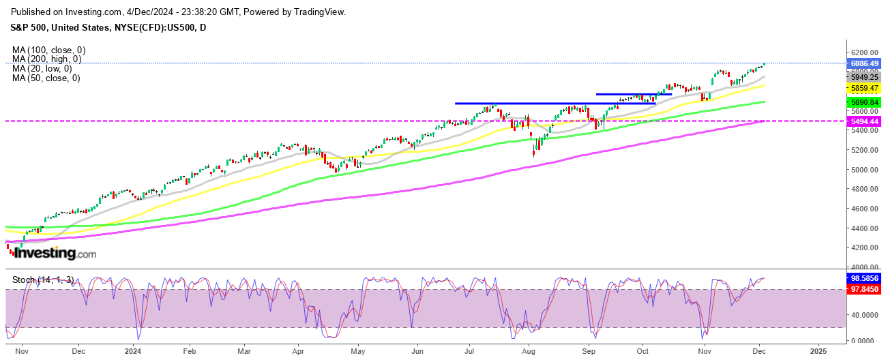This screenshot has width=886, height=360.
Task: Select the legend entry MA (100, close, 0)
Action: (48, 50)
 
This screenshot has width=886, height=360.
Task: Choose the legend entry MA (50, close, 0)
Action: (46, 78)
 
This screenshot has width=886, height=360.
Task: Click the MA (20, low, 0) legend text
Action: (42, 69)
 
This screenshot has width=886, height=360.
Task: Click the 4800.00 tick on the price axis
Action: (862, 189)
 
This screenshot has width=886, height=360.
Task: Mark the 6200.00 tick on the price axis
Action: (862, 52)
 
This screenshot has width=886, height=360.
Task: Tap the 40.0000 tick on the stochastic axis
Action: (862, 315)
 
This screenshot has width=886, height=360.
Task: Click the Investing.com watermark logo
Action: (55, 254)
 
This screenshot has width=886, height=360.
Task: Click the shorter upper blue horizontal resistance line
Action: (634, 93)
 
